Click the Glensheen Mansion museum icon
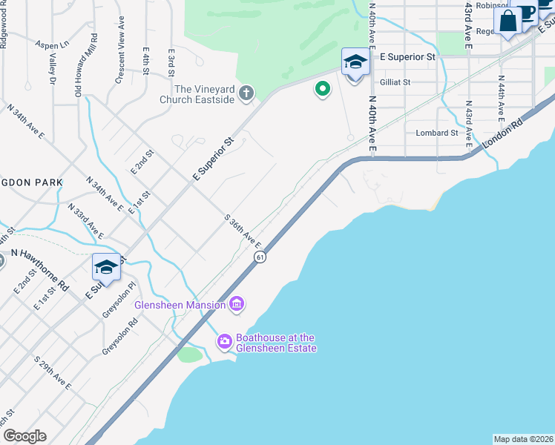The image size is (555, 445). [237, 304]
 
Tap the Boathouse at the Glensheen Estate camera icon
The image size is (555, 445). [224, 341]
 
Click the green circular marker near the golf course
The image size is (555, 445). [322, 90]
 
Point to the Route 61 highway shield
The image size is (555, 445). [259, 257]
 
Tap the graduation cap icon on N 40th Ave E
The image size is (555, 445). [355, 62]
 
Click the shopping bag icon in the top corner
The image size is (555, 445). [509, 21]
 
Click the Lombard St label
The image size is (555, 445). [436, 133]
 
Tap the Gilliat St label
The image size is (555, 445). [395, 82]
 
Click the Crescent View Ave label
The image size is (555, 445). [119, 58]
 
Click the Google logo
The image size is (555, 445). [24, 436]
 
